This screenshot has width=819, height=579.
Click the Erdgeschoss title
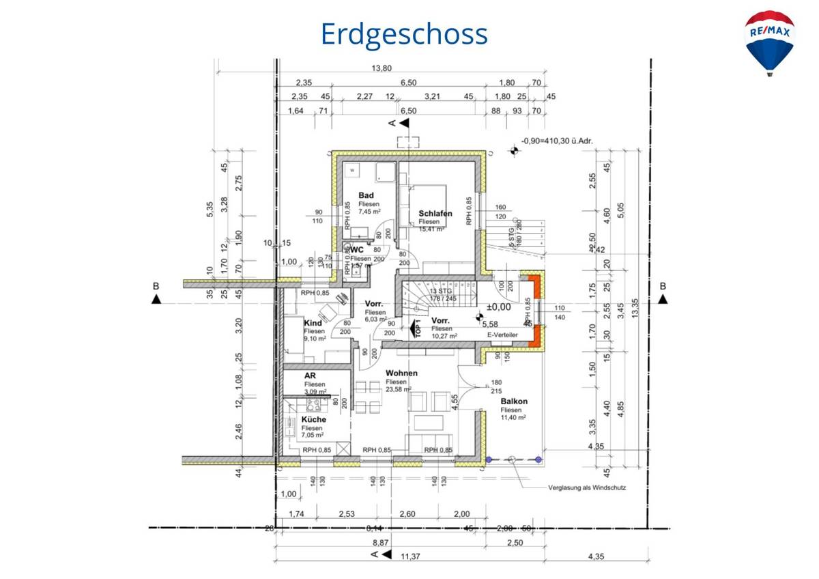pos(404,33)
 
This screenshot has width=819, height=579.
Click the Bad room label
pos(366,196)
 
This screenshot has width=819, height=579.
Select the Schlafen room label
pos(435,214)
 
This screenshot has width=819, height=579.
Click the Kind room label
pos(313,323)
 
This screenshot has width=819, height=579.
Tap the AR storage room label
pos(309,376)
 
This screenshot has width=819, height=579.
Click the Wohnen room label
pos(401,373)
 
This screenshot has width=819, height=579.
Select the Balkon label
pos(514,401)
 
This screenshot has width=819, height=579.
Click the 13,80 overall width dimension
pos(382,68)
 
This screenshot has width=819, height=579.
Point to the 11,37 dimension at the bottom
pos(410,556)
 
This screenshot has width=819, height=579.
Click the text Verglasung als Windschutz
pos(586,488)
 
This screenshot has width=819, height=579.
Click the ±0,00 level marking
pos(499,307)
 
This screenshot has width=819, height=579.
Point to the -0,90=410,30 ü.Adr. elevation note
pos(557,141)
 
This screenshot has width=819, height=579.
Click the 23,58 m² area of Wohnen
pos(399,389)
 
